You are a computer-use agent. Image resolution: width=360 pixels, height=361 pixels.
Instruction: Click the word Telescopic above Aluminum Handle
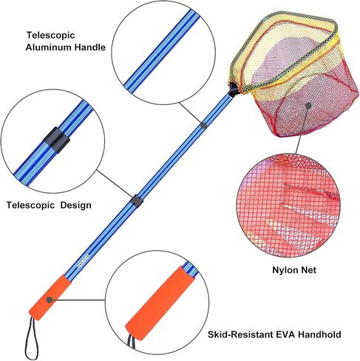pos(50,36)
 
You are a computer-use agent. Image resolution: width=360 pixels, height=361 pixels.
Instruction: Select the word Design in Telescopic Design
pos(76,205)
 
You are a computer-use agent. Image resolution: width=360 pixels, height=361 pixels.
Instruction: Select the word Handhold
pos(319,334)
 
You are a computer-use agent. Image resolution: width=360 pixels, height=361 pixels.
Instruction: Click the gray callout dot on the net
pos(308,105)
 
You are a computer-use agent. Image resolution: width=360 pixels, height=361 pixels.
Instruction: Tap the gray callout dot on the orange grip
pos(50,300)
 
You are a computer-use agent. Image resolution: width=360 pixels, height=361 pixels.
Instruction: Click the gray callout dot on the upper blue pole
pos(203,125)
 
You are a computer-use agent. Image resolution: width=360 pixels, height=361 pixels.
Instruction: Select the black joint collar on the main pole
pos(137,200)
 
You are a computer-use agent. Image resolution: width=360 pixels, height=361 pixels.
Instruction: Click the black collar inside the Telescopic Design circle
pos(57,140)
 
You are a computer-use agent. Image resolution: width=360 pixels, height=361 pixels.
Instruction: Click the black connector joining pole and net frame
pos(234,90)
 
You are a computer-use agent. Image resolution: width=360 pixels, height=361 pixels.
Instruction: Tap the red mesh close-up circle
pos(288,206)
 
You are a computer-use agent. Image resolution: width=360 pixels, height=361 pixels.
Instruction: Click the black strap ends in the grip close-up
pos(132,343)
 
